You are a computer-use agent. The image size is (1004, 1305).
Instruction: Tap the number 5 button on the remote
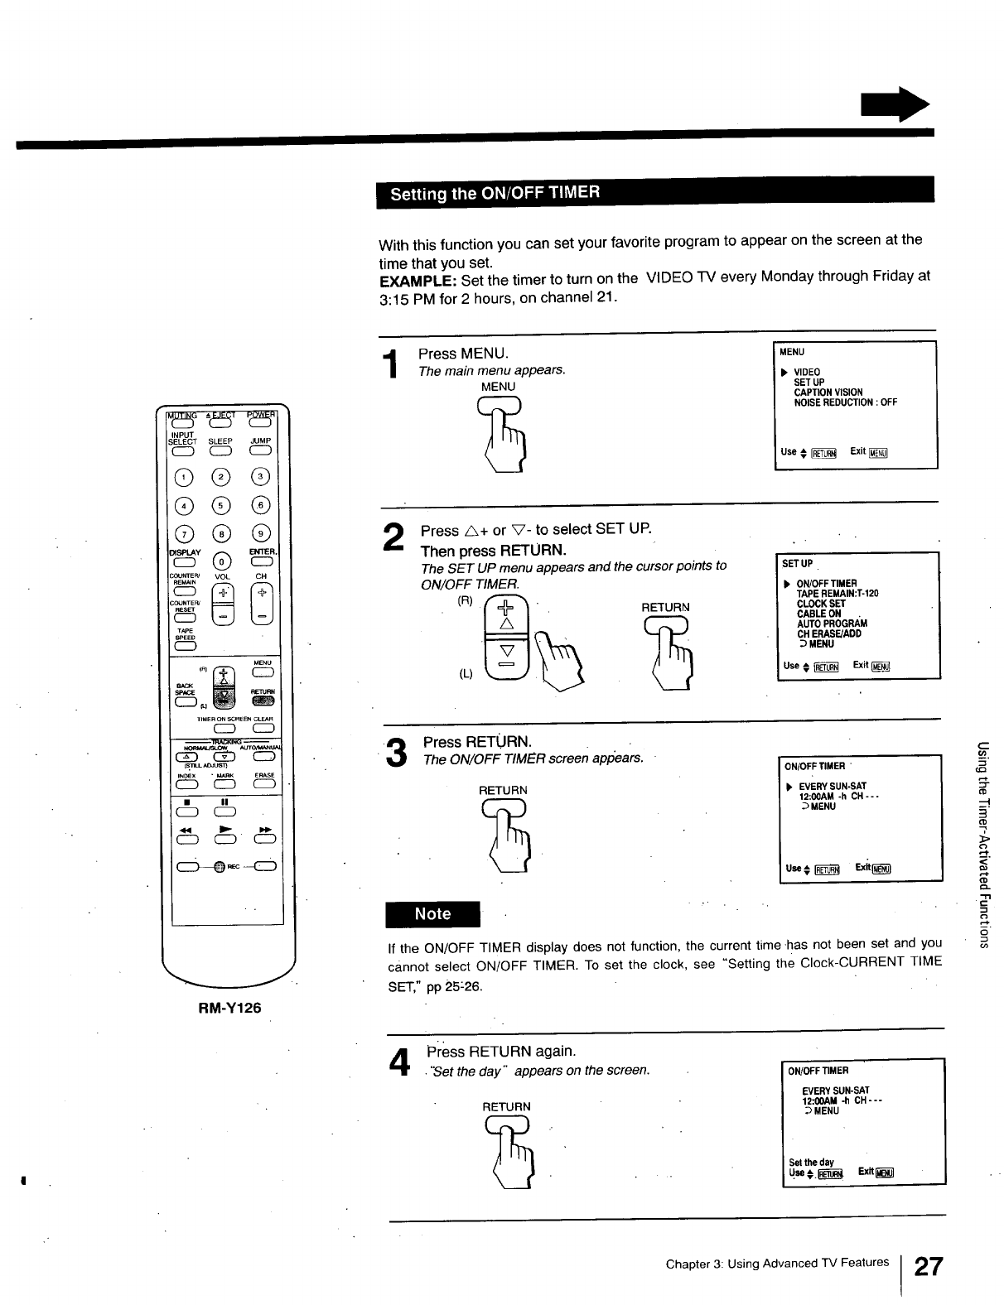click(x=221, y=504)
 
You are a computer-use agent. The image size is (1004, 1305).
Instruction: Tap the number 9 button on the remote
click(x=261, y=532)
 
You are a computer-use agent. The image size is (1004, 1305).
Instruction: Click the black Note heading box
click(x=432, y=914)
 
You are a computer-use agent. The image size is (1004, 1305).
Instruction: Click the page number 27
click(x=928, y=1266)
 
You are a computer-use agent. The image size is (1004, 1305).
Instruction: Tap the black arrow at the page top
click(x=895, y=106)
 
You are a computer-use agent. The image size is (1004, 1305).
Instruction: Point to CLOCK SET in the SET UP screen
click(x=820, y=604)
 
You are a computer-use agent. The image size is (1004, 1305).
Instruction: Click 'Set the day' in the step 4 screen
click(x=811, y=1162)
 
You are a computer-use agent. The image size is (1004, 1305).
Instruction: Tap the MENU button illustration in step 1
click(x=499, y=406)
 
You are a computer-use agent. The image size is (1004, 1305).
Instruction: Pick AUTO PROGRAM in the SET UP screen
click(x=831, y=624)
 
